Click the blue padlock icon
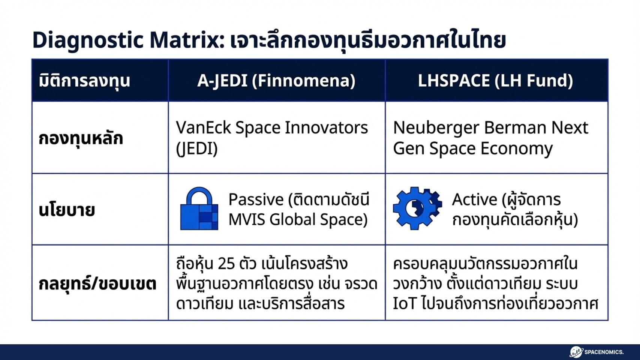click(199, 209)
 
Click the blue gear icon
click(417, 208)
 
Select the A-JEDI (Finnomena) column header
click(276, 81)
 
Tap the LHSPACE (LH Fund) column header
click(495, 81)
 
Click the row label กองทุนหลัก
click(81, 138)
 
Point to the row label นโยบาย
click(67, 210)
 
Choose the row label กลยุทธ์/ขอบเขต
click(97, 283)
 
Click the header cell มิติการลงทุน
click(84, 81)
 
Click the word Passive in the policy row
click(256, 199)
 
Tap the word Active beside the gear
click(474, 199)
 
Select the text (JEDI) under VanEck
click(197, 149)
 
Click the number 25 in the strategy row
click(226, 264)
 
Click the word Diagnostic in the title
click(88, 40)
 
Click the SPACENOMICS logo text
click(604, 352)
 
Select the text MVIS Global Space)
click(298, 220)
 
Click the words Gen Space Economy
click(472, 149)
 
